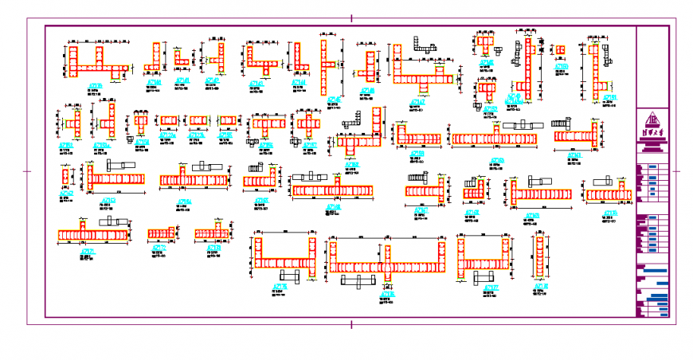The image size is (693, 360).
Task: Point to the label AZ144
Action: (x=300, y=82)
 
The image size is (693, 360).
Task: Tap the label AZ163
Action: (x=108, y=201)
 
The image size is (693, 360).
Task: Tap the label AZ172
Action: (x=159, y=248)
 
